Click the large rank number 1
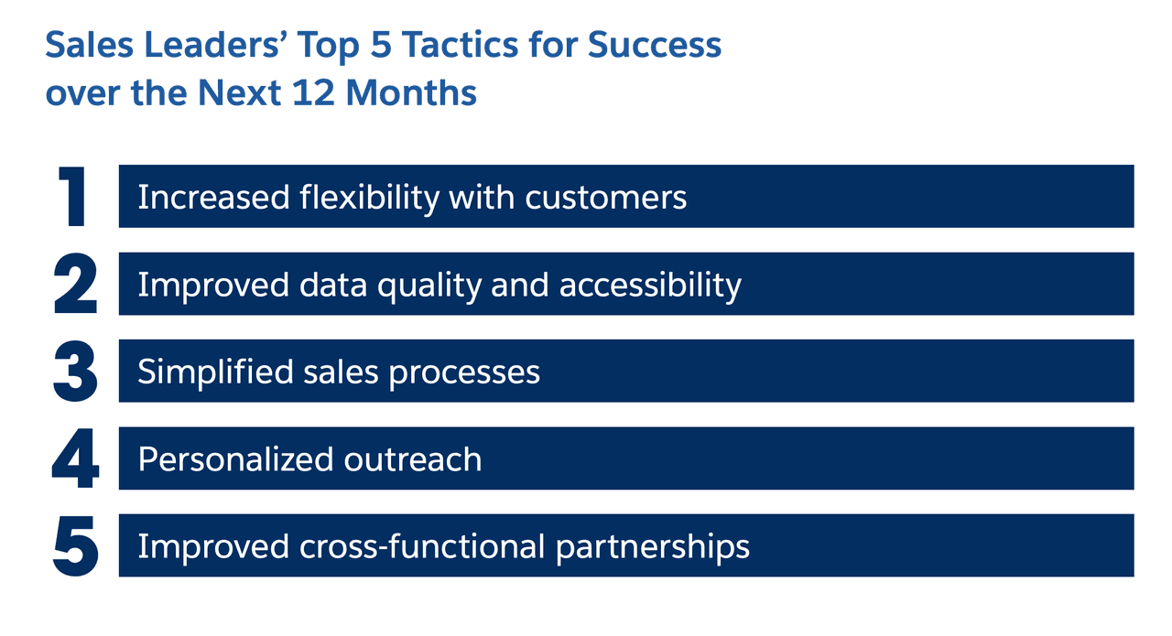click(x=72, y=197)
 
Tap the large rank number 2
click(x=75, y=284)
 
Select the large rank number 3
click(x=75, y=372)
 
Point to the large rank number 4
click(x=75, y=458)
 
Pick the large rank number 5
click(x=76, y=546)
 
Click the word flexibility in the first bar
click(x=369, y=199)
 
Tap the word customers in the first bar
click(x=606, y=199)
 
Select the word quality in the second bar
click(x=429, y=286)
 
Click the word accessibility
click(x=650, y=286)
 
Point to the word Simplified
click(x=215, y=372)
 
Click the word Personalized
click(x=236, y=459)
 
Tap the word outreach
click(x=413, y=459)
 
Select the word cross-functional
click(x=422, y=546)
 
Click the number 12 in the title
click(x=313, y=93)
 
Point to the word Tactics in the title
click(x=460, y=45)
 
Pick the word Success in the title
click(x=655, y=45)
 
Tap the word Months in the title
click(x=411, y=93)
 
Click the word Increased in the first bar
click(x=213, y=199)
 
